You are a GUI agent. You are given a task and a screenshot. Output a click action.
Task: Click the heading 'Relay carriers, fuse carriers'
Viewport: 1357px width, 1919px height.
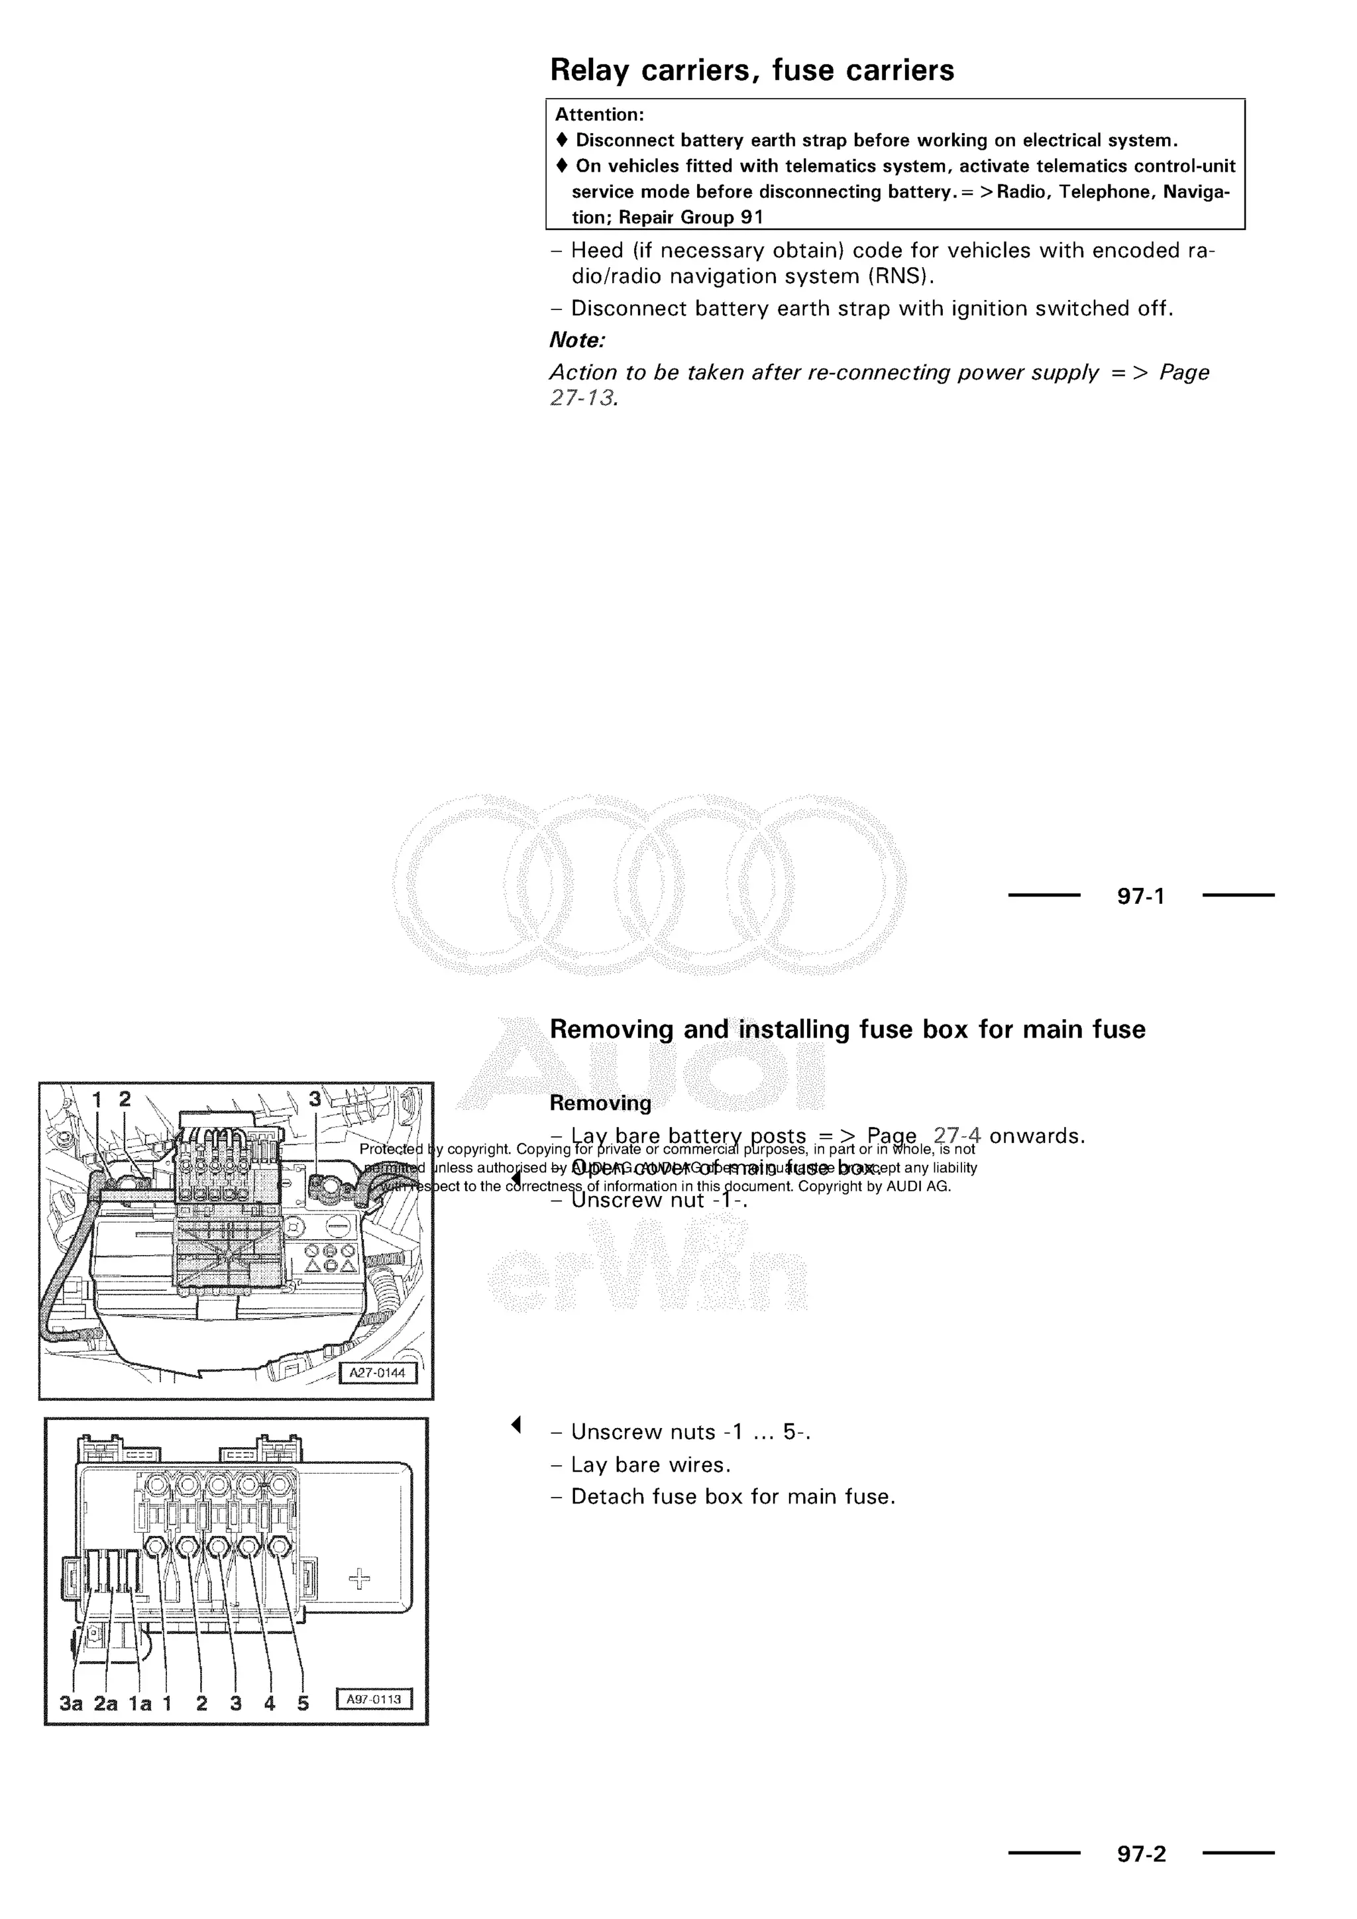point(751,70)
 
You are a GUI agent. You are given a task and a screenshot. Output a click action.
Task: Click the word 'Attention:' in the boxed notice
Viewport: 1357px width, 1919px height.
point(599,115)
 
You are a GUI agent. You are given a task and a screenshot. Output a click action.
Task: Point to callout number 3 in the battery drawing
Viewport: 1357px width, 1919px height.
point(315,1098)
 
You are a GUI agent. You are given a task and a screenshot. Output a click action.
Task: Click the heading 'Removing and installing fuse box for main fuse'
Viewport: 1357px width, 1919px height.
point(847,1029)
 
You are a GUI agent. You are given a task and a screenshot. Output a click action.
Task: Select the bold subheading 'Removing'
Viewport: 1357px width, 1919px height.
point(600,1103)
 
